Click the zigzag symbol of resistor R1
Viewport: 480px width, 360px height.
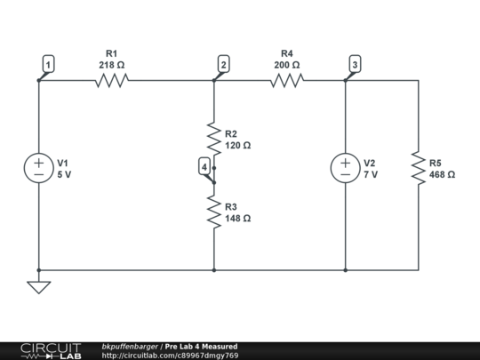[x=112, y=81]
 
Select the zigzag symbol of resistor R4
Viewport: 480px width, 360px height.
[x=287, y=81]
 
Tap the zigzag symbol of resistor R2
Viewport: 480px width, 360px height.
[x=214, y=138]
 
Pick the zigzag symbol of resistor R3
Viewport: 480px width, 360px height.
[x=214, y=211]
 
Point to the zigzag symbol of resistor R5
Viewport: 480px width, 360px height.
[x=418, y=168]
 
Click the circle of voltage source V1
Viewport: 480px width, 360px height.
[x=39, y=169]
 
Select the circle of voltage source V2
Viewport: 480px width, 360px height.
[x=346, y=169]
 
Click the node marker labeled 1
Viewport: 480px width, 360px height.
[x=48, y=63]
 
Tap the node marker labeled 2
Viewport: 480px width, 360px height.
[x=223, y=64]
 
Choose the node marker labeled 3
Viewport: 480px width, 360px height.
[x=355, y=64]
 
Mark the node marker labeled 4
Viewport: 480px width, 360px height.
[x=204, y=166]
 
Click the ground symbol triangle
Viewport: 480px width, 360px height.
[x=39, y=287]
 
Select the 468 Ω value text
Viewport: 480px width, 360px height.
[x=442, y=175]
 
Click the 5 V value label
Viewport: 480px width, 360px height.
[x=64, y=175]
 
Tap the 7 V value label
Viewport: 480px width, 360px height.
[x=371, y=175]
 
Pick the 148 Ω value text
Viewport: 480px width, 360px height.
[x=238, y=218]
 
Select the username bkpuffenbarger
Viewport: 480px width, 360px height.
[x=130, y=346]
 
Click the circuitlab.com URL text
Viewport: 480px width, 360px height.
[x=170, y=356]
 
